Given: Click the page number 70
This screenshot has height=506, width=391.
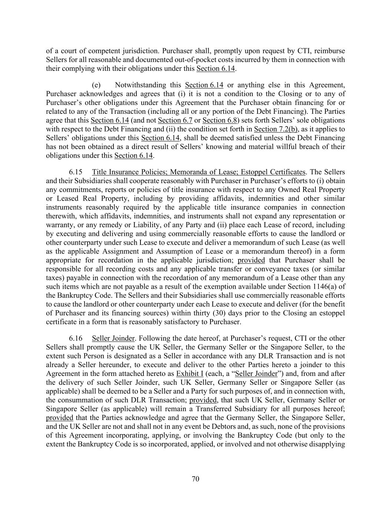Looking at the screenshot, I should tap(195, 479).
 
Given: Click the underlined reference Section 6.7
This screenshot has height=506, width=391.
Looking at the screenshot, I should tap(175, 120).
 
